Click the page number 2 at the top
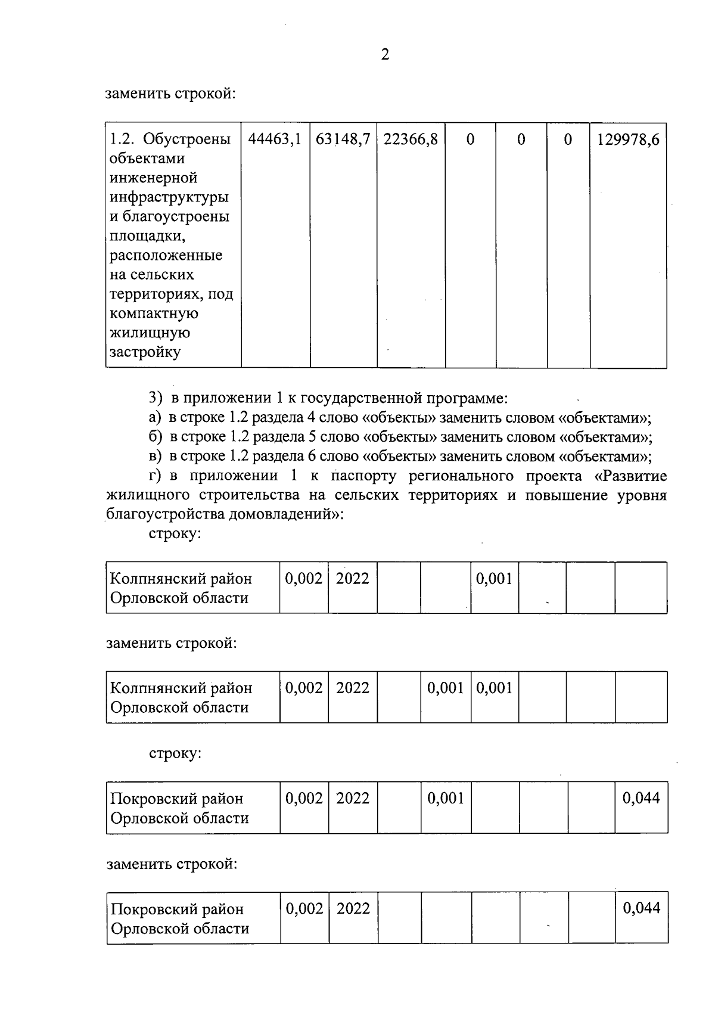point(385,55)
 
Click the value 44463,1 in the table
point(275,139)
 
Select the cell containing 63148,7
point(343,139)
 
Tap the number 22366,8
point(411,139)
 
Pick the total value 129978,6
point(628,139)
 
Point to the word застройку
point(145,352)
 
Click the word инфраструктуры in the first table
point(169,197)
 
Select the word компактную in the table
point(154,313)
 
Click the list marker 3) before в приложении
point(155,398)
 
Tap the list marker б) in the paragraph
point(155,437)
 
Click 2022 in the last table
point(353,908)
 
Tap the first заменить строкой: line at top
point(171,94)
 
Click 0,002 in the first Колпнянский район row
point(303,578)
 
